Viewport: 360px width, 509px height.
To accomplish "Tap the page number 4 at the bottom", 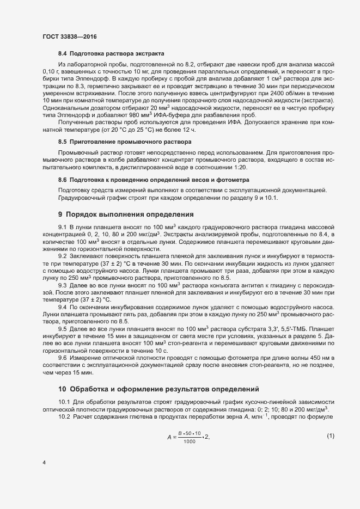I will pyautogui.click(x=44, y=463).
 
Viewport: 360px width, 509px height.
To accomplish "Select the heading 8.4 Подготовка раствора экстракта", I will pyautogui.click(x=111, y=54).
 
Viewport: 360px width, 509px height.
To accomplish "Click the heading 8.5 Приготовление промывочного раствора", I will pyautogui.click(x=123, y=141).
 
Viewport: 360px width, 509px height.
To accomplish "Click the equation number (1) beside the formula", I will pyautogui.click(x=331, y=436).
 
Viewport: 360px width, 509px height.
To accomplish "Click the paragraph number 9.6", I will pyautogui.click(x=63, y=358).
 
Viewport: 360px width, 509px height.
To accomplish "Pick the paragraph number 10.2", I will pyautogui.click(x=64, y=416).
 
